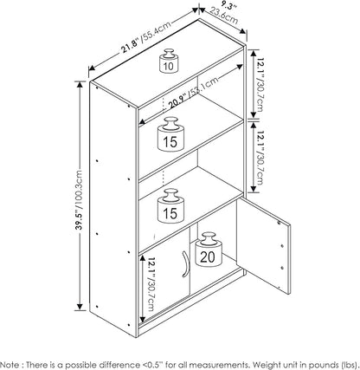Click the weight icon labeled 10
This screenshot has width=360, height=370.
pyautogui.click(x=169, y=61)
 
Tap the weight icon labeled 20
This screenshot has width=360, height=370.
pyautogui.click(x=209, y=250)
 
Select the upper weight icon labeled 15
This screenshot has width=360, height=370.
pyautogui.click(x=171, y=134)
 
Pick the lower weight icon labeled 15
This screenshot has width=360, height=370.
pyautogui.click(x=171, y=206)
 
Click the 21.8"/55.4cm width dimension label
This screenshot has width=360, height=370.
pyautogui.click(x=145, y=36)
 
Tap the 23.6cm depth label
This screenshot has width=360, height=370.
pyautogui.click(x=224, y=16)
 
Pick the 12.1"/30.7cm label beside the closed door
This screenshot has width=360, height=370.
pyautogui.click(x=151, y=284)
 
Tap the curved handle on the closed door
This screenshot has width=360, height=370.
pyautogui.click(x=185, y=264)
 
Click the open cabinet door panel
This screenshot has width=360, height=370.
pyautogui.click(x=263, y=246)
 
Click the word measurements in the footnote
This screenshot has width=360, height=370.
pyautogui.click(x=219, y=365)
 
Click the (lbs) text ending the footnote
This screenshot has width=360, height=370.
pyautogui.click(x=349, y=365)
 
